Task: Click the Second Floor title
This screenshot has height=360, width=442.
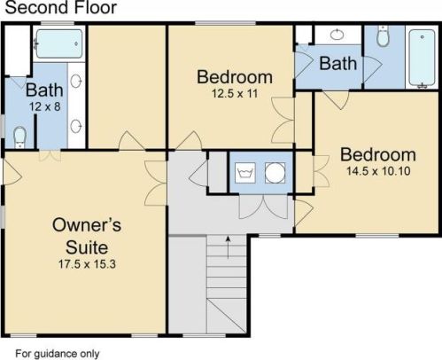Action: (x=61, y=7)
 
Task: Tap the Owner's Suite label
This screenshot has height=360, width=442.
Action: (x=87, y=236)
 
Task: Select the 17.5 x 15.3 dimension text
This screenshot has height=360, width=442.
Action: (x=87, y=264)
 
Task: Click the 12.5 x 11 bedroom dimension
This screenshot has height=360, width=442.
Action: (x=235, y=94)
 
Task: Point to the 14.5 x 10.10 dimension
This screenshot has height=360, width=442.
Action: (x=378, y=171)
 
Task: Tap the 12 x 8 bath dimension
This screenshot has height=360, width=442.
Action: (x=45, y=106)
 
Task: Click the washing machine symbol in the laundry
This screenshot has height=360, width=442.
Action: (x=245, y=173)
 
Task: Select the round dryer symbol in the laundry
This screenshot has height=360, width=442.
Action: (x=275, y=173)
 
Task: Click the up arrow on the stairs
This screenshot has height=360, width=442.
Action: (x=228, y=247)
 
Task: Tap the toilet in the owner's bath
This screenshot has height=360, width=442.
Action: (x=19, y=137)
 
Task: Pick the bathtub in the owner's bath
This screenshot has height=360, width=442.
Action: (x=59, y=43)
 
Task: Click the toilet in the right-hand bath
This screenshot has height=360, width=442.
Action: (x=383, y=36)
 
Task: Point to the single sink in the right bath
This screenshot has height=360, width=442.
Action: (x=337, y=35)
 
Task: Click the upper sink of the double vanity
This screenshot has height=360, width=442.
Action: (x=76, y=82)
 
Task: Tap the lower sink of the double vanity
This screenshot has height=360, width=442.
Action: (x=76, y=127)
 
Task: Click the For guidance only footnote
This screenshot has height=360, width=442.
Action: (x=58, y=354)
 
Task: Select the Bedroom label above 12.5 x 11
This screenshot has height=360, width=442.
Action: (x=235, y=77)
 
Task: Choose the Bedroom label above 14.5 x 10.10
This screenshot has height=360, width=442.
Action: (x=378, y=154)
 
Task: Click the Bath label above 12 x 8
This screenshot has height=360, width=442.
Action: (x=44, y=90)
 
